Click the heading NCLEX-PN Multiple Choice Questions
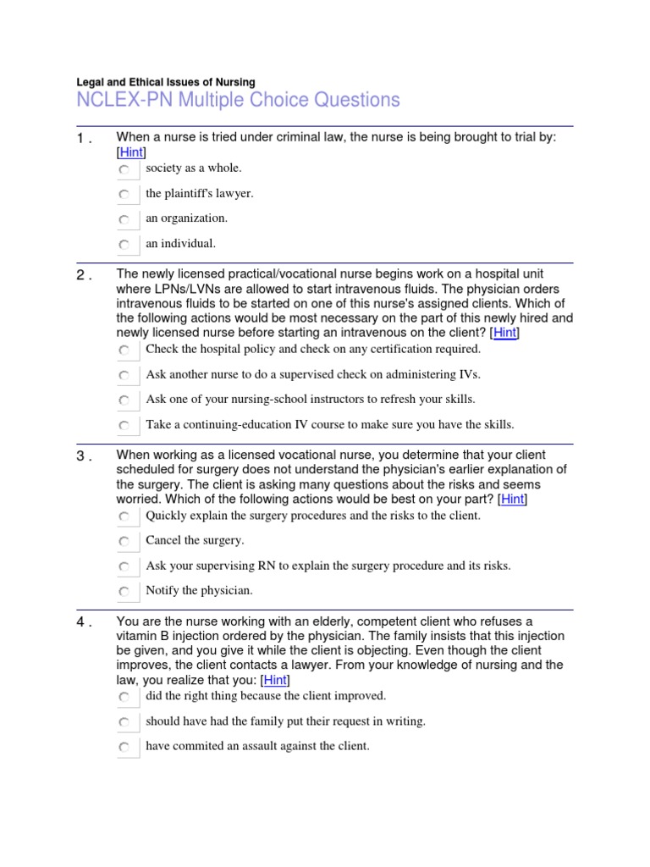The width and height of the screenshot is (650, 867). (x=238, y=101)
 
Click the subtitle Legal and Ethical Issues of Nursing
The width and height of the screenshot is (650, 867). (x=166, y=82)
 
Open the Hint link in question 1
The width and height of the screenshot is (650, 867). (x=131, y=152)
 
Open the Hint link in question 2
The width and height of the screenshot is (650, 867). (x=504, y=333)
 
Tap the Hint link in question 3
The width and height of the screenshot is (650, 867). (x=512, y=500)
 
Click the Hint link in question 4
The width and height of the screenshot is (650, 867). (x=275, y=680)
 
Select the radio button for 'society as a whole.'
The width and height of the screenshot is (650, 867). (x=124, y=170)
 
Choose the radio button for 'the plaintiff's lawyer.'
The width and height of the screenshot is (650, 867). (x=124, y=196)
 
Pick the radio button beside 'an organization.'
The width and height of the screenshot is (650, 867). (x=124, y=220)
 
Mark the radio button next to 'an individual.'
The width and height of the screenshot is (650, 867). (x=124, y=246)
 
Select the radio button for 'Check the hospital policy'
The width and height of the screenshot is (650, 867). (x=124, y=351)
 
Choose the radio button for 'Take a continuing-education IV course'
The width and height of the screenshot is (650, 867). (x=124, y=426)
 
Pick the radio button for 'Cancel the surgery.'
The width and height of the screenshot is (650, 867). (x=124, y=542)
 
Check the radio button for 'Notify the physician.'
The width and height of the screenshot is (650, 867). (x=124, y=592)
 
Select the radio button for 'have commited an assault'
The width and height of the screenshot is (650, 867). (x=124, y=748)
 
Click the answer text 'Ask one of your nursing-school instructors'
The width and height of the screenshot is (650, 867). (x=311, y=400)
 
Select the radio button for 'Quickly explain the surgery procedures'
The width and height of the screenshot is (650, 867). (x=124, y=516)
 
